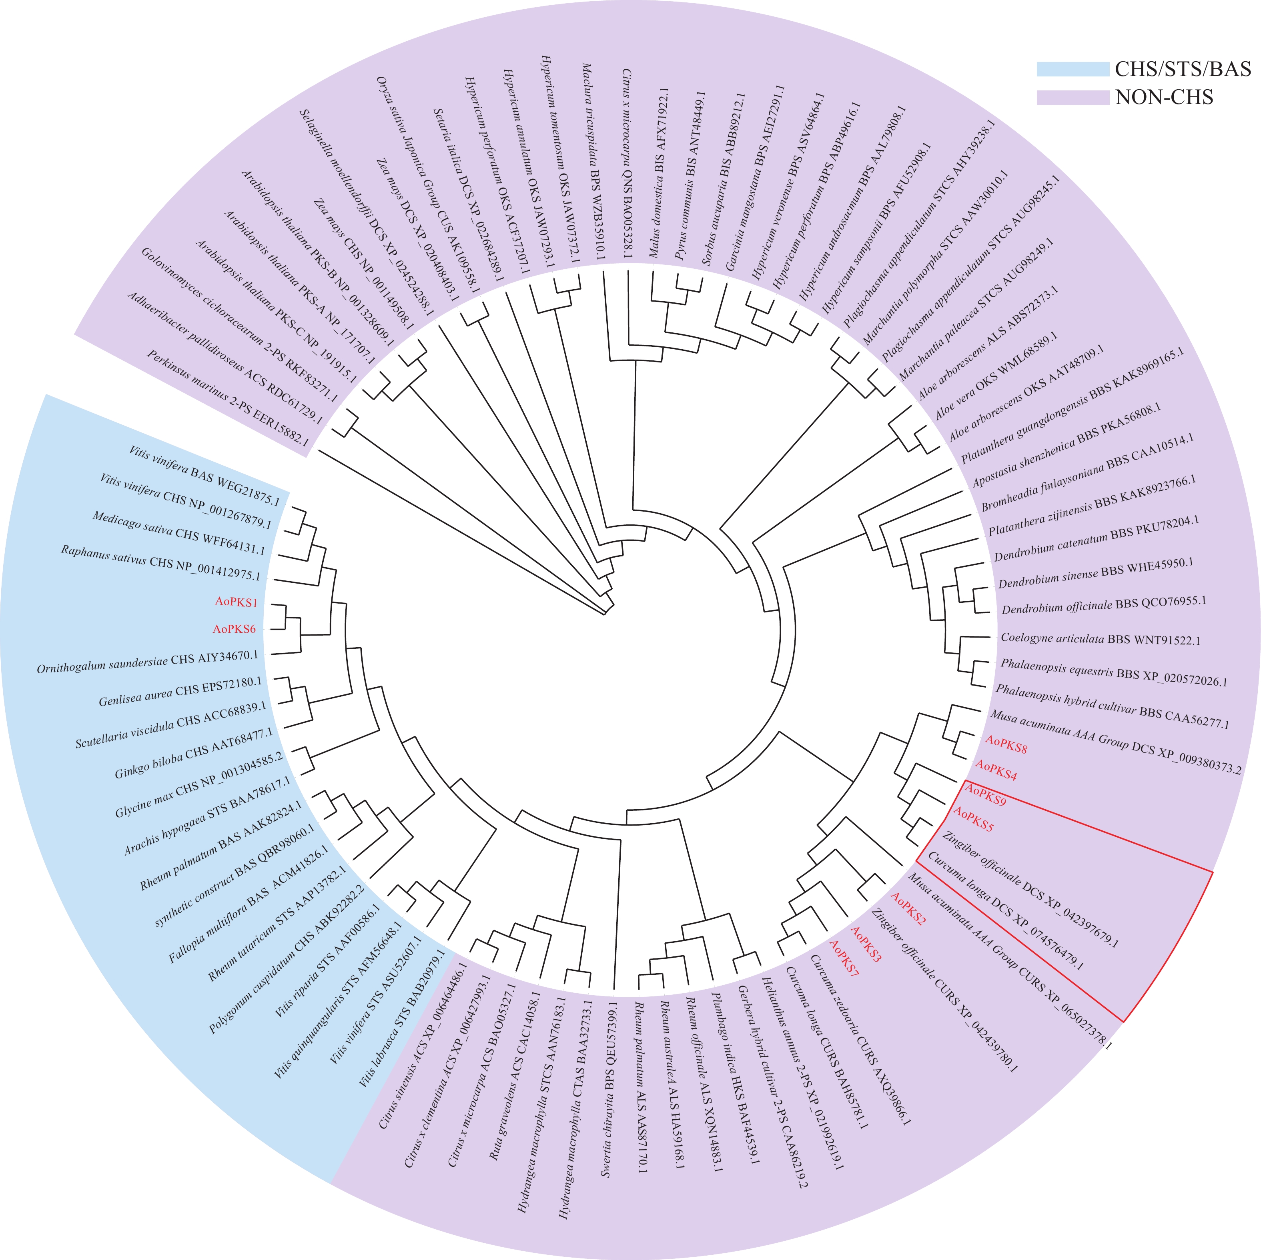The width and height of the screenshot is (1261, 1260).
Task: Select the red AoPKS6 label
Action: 235,630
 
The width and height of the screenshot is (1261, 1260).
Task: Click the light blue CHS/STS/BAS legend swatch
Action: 1073,69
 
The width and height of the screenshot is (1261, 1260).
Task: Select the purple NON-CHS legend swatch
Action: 1073,97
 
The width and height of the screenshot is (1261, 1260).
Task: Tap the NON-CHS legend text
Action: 1164,97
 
